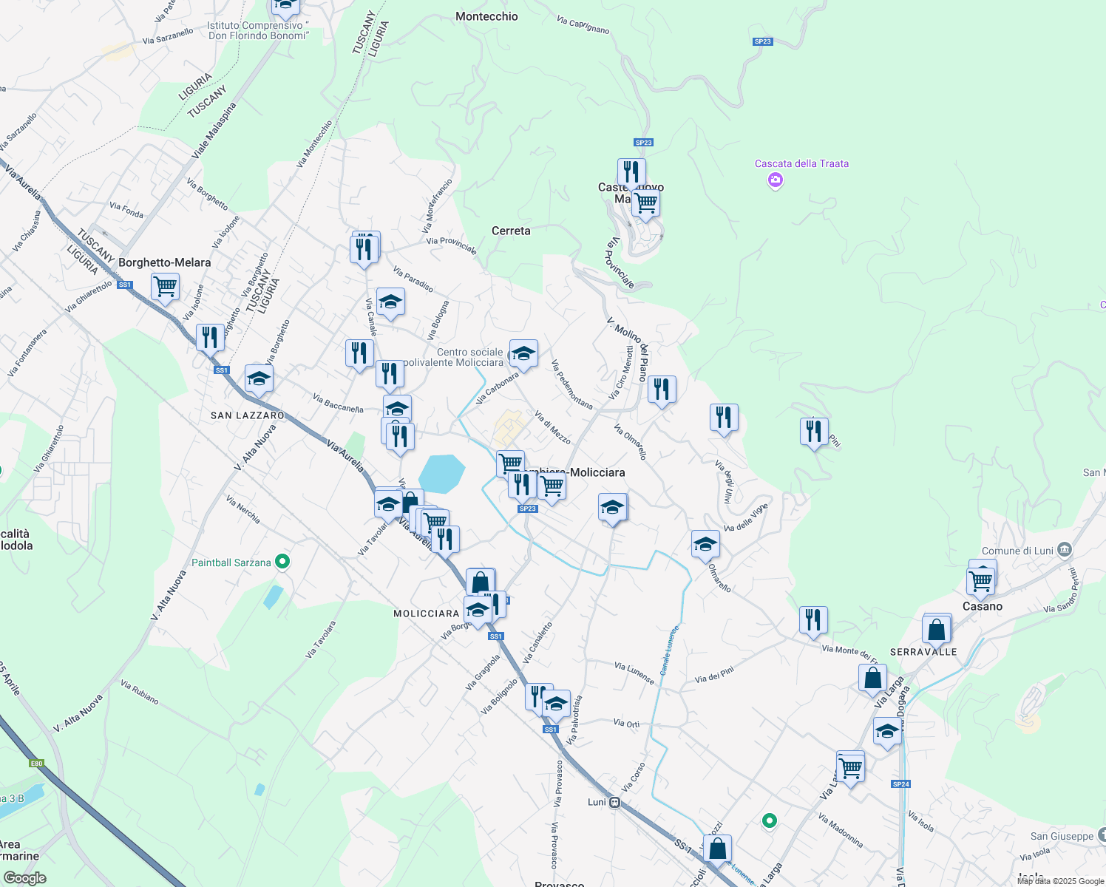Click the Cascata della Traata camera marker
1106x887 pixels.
(775, 180)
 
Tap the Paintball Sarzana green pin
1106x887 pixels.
(282, 563)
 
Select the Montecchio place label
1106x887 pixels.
(486, 16)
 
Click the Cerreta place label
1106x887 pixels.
(511, 231)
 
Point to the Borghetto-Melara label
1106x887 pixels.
(165, 262)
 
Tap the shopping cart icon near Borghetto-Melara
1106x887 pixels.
(165, 286)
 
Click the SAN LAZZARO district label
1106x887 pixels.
(248, 415)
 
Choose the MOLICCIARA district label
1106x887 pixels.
(426, 614)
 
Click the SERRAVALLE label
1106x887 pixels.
(923, 652)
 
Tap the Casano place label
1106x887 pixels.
(983, 606)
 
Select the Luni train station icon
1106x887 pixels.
(614, 803)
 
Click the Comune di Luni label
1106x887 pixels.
(1017, 551)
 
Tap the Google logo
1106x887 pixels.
(25, 878)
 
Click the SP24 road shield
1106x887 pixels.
(900, 784)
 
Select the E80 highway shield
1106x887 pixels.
(36, 763)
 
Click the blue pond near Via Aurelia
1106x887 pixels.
(441, 474)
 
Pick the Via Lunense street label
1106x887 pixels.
(634, 673)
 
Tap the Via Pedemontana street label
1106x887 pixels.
(571, 384)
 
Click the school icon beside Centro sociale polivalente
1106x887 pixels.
(523, 353)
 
